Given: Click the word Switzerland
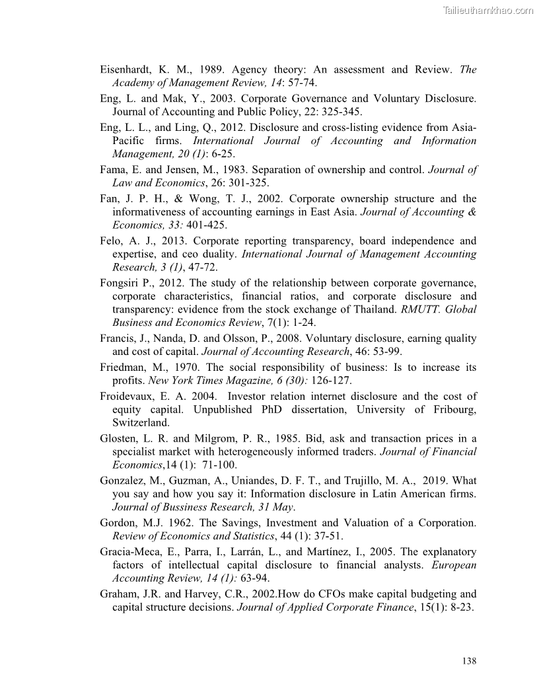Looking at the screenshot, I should [141, 422].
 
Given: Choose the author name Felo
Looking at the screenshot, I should [112, 241].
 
